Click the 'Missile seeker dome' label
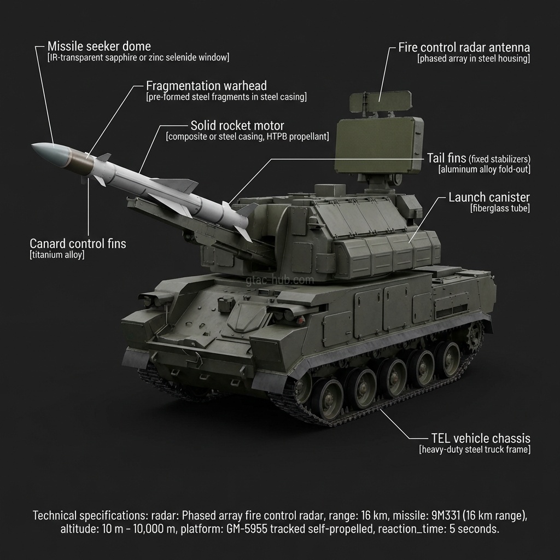[99, 46]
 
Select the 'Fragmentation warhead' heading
[206, 86]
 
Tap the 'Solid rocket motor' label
[237, 125]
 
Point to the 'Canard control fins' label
[78, 243]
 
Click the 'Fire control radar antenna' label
[464, 47]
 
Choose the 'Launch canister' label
[489, 197]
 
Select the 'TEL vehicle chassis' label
[480, 439]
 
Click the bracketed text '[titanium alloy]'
[57, 255]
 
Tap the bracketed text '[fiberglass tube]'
[500, 208]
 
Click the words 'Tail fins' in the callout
[446, 159]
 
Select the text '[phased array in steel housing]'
[474, 59]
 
